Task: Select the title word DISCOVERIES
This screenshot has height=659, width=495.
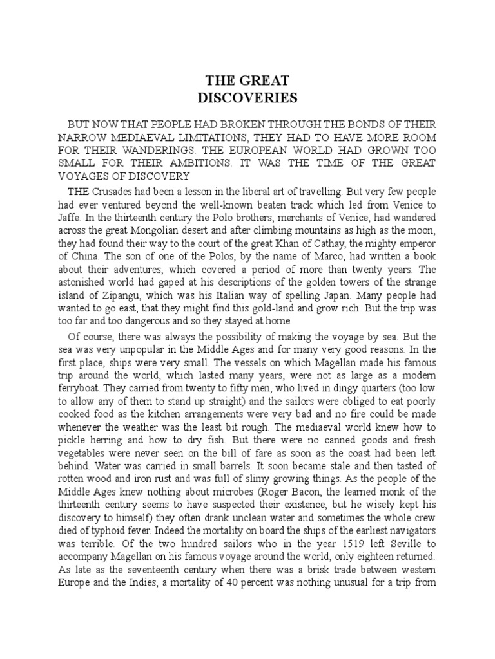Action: click(x=247, y=98)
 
